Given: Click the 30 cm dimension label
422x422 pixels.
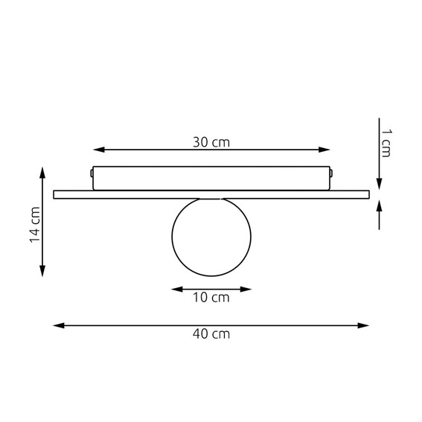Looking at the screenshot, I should [211, 142].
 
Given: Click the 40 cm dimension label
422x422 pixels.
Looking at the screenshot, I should [211, 334].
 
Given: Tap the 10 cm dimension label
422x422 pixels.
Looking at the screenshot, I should [211, 298].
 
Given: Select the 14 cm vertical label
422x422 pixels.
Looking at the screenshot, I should [33, 224].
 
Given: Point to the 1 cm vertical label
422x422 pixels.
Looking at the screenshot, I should [386, 142].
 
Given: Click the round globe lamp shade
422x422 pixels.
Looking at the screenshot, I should [211, 237].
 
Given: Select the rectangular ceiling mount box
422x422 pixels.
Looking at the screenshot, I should [211, 178].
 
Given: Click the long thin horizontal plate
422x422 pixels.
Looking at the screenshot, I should [211, 194].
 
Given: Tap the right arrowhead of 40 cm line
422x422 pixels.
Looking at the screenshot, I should [365, 325].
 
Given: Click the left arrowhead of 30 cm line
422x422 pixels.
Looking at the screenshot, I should [97, 150].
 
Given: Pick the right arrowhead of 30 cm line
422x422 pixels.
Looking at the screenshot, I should [325, 150].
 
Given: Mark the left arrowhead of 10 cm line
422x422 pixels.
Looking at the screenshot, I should [176, 288].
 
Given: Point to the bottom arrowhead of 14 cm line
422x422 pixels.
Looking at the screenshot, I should [42, 272].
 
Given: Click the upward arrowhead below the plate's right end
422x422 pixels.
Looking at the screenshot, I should [380, 204].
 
